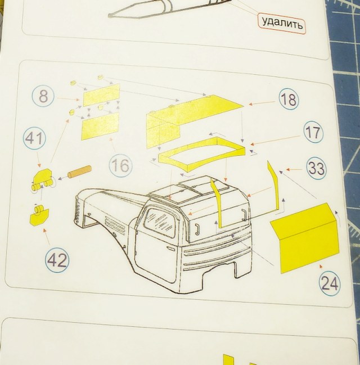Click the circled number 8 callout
[x=43, y=97]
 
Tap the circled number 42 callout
[x=57, y=260]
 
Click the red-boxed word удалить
[x=282, y=24]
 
